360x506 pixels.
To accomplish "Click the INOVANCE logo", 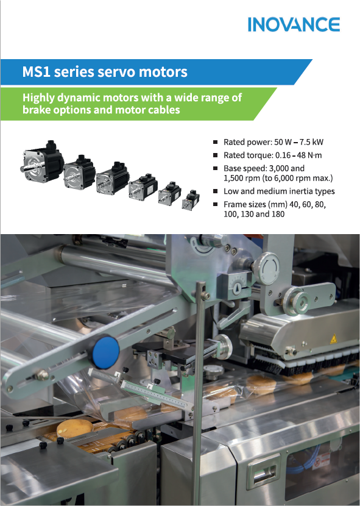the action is [x=294, y=24].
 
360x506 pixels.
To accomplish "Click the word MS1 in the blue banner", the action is [x=36, y=72].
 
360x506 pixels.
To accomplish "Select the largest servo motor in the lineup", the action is [x=42, y=162].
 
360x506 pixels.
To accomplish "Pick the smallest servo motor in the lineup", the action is [x=191, y=200].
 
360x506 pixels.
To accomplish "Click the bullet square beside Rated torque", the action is [x=215, y=155].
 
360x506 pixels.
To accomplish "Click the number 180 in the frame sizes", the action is [x=278, y=214].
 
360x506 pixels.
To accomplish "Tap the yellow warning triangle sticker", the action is [x=333, y=339].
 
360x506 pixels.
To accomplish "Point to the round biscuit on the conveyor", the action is [x=74, y=429].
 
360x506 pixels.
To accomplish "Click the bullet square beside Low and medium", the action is [x=215, y=191].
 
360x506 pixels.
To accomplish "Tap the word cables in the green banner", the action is [x=164, y=110].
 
